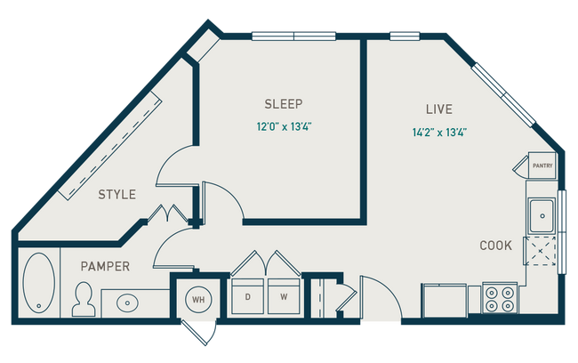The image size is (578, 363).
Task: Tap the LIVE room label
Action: coord(438,109)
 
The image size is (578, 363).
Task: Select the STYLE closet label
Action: coord(116,194)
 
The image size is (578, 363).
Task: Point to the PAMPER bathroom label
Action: coord(106,266)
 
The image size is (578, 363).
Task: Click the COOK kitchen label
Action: coord(495,246)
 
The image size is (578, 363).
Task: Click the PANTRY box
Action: coord(542,165)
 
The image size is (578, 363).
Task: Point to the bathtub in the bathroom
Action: coord(38,282)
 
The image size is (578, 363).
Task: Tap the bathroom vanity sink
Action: coord(128,302)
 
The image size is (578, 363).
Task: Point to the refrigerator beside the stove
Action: coord(445,297)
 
